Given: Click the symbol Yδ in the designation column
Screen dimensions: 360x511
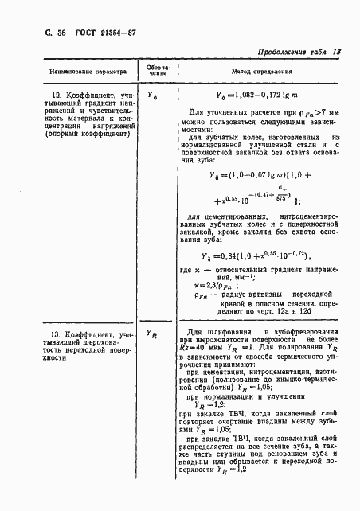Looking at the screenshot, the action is [155, 96].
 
